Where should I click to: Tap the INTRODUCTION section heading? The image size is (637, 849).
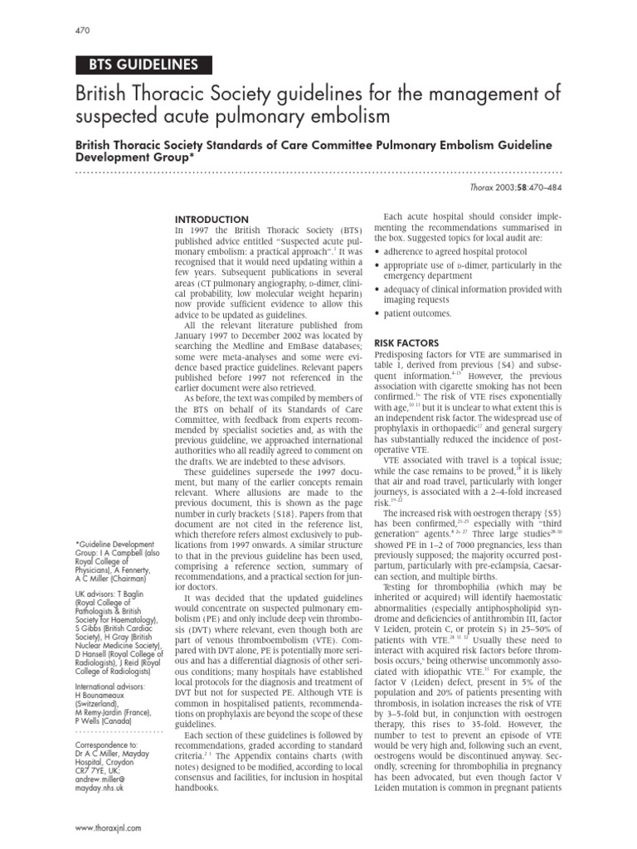[211, 218]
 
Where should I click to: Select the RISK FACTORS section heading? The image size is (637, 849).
[406, 342]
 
